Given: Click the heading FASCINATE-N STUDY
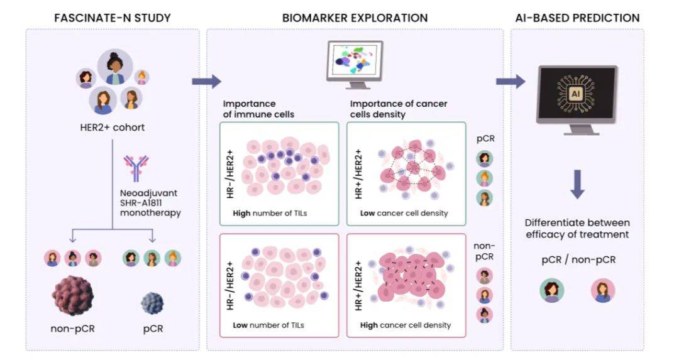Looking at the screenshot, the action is (x=113, y=18).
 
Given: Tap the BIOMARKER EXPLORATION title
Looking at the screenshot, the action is (x=355, y=18).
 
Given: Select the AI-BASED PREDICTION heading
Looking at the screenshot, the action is (x=577, y=18).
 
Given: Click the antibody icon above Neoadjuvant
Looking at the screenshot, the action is (x=136, y=168).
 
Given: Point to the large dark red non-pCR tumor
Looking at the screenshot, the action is (x=73, y=296).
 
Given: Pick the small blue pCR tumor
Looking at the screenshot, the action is (x=152, y=303).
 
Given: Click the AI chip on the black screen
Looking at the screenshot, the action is (x=576, y=94).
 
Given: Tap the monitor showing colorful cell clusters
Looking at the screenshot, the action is (x=355, y=64).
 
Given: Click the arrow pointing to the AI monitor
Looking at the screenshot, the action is (x=511, y=81).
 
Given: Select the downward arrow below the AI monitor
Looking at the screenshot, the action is (x=577, y=184).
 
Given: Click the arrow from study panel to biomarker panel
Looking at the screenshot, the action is (x=207, y=81).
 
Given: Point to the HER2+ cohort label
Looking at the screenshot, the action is (x=113, y=128).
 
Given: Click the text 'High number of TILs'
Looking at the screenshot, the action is (x=270, y=214).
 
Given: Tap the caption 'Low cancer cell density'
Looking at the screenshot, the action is (x=404, y=214).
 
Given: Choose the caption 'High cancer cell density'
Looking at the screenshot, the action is (x=406, y=325).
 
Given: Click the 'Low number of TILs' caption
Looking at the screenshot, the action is (x=268, y=325).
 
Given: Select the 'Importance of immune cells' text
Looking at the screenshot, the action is (x=258, y=109).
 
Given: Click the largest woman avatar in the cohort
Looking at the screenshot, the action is (x=115, y=67).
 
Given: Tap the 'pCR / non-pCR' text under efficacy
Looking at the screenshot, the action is (x=578, y=260).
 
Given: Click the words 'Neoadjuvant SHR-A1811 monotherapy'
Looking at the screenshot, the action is (x=150, y=203).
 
